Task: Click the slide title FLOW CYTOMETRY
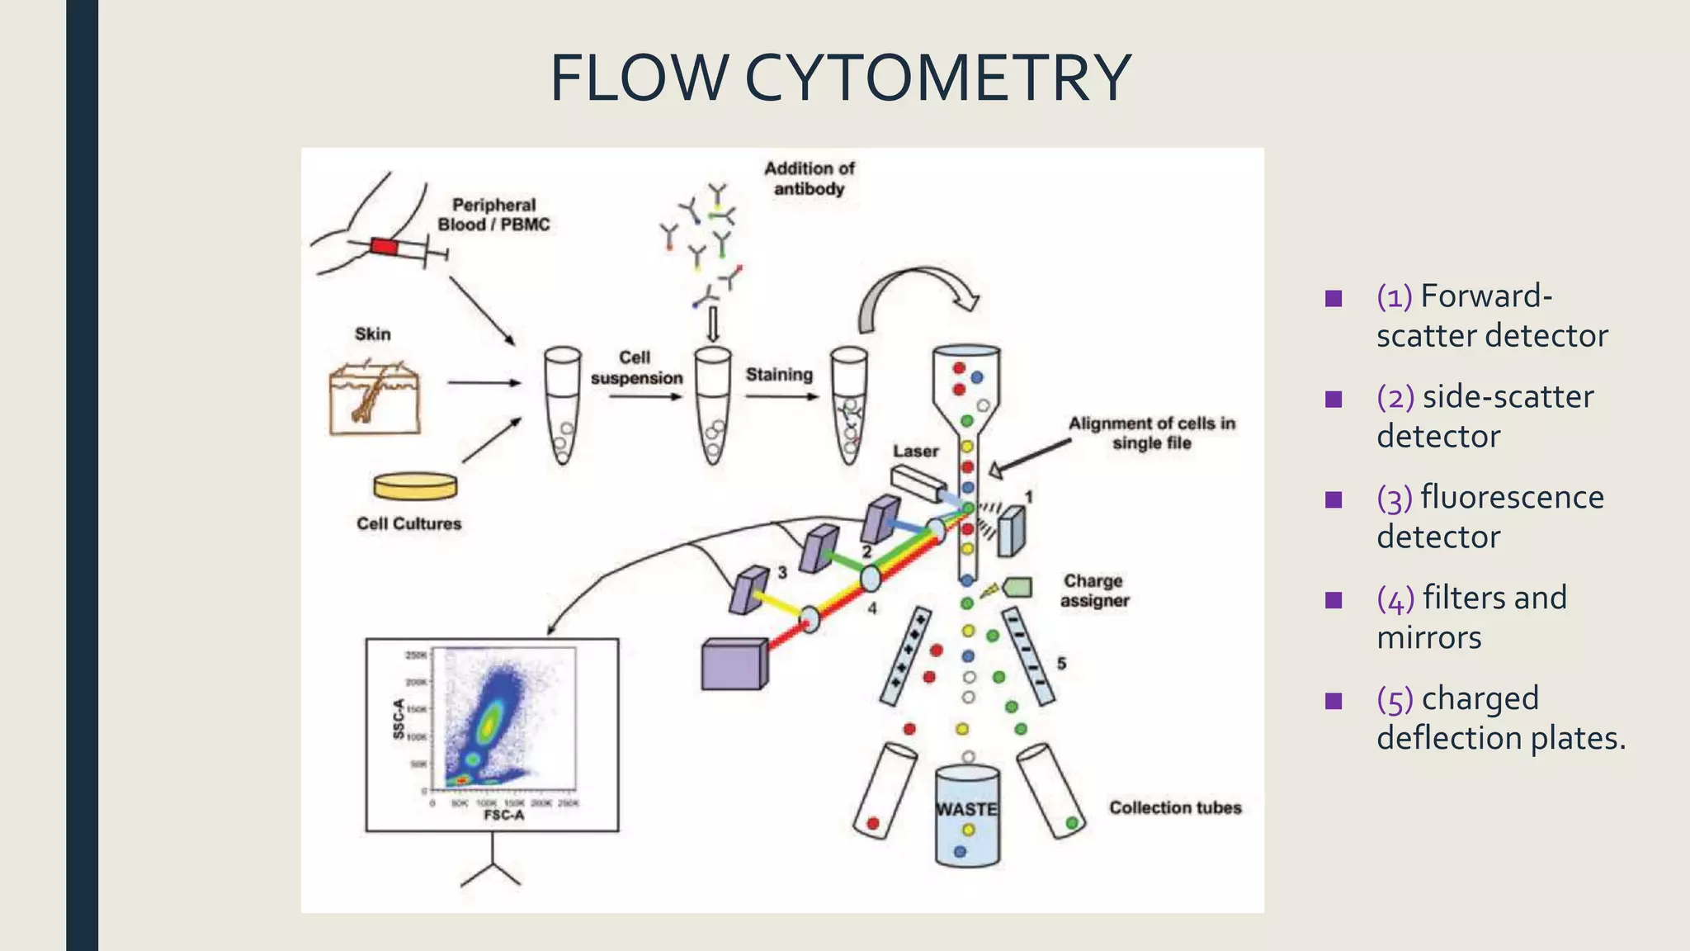pos(840,78)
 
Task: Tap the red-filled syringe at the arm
pos(385,246)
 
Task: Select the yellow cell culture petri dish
pos(414,486)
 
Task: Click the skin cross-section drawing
pos(375,398)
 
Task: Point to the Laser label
pos(915,452)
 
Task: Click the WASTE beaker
pos(967,816)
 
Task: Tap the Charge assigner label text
pos(1094,591)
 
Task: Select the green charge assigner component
pos(1017,587)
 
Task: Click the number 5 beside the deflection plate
pos(1061,664)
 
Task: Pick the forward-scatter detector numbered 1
pos(1011,532)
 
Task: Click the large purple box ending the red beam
pos(734,664)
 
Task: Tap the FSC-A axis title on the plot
pos(503,816)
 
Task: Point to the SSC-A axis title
pos(399,718)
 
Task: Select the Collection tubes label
pos(1174,807)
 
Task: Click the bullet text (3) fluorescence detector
pos(1489,517)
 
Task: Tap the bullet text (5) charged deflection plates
pos(1500,717)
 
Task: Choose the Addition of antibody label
pos(809,178)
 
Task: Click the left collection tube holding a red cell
pos(884,790)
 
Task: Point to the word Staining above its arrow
pos(779,375)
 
